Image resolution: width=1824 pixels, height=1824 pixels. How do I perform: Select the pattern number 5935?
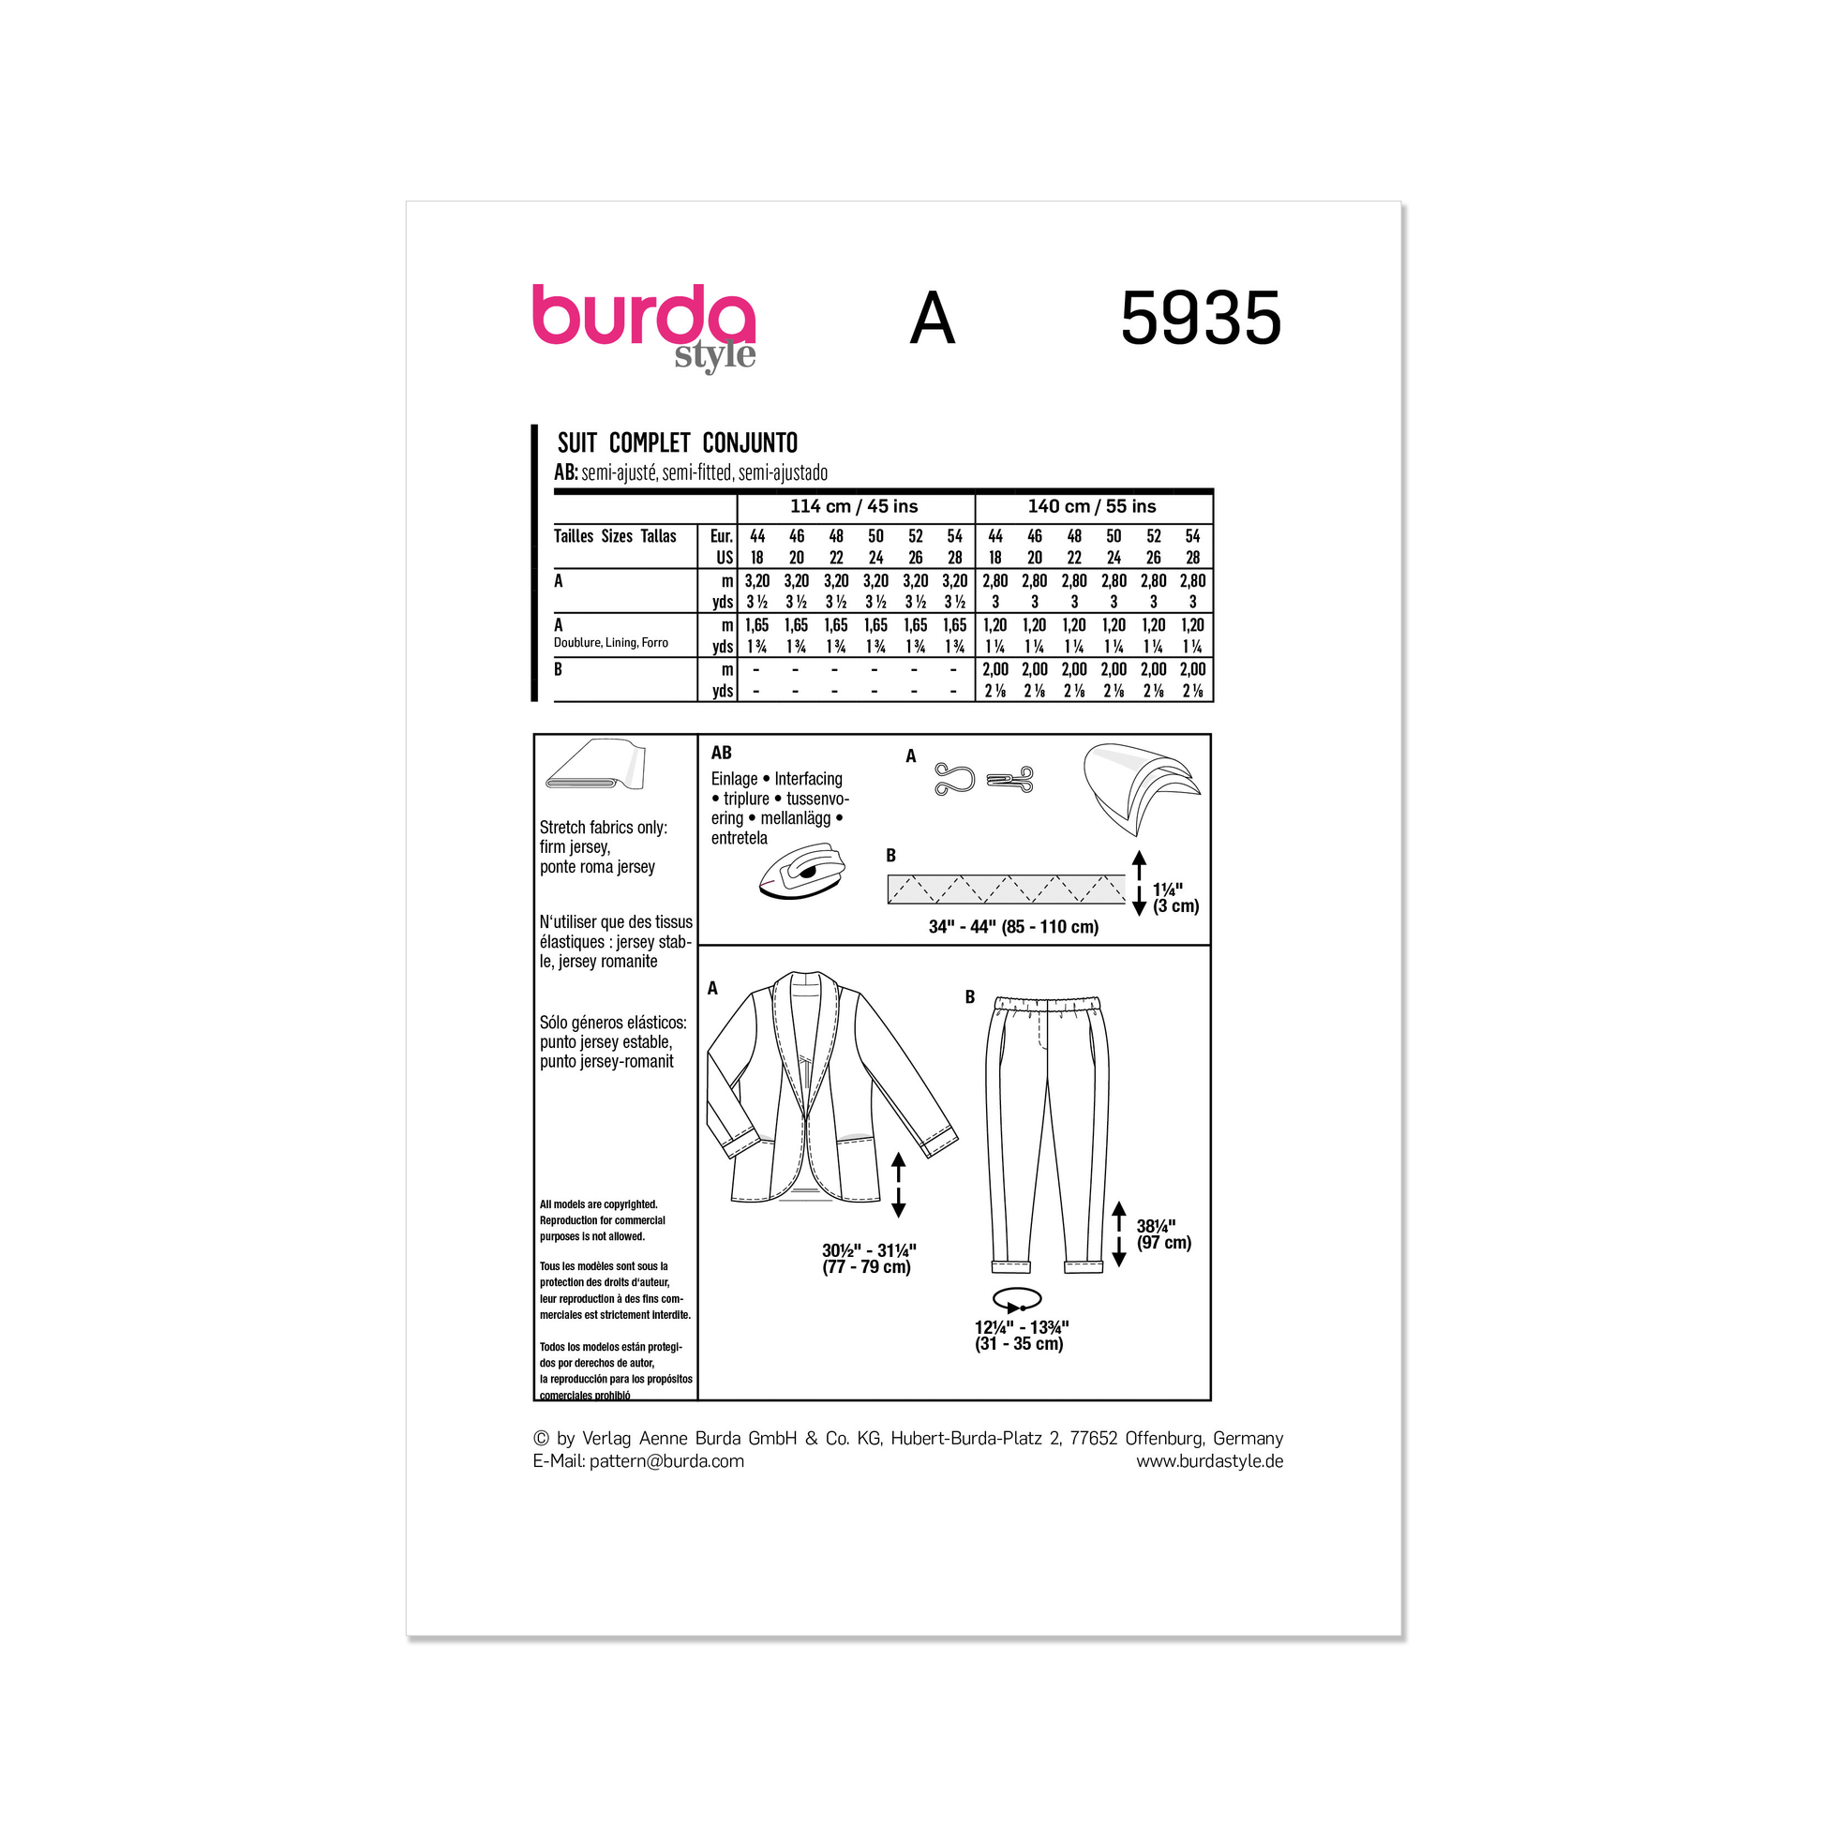(x=1200, y=318)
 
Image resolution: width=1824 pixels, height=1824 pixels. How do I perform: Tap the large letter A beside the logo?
(x=932, y=318)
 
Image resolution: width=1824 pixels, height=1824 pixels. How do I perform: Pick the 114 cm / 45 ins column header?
(x=854, y=507)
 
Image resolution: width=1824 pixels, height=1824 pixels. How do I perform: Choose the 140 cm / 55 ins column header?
(x=1092, y=507)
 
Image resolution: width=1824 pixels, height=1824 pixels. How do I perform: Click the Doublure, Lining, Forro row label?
(x=611, y=643)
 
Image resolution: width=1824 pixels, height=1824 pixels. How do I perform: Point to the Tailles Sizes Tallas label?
(x=615, y=536)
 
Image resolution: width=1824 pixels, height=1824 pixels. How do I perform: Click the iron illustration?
(x=801, y=870)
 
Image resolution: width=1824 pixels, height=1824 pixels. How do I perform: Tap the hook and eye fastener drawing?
(x=984, y=779)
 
